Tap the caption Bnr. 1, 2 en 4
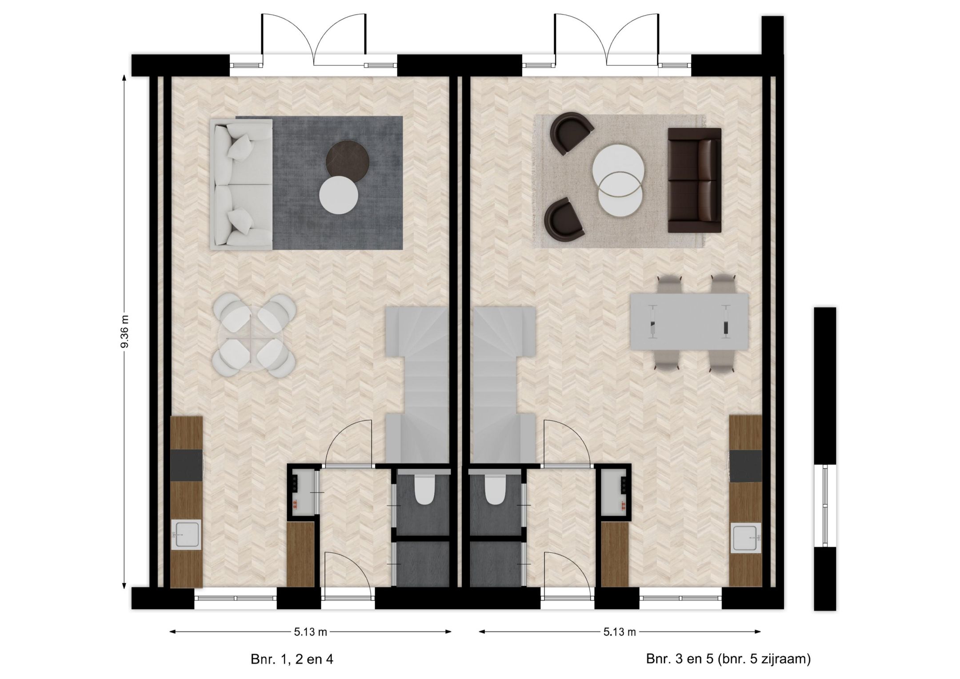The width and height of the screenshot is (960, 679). pyautogui.click(x=292, y=659)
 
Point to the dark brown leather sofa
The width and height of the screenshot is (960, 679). pyautogui.click(x=694, y=180)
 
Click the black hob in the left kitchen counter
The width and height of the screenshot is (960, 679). pyautogui.click(x=187, y=465)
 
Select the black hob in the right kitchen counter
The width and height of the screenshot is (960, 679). pyautogui.click(x=745, y=466)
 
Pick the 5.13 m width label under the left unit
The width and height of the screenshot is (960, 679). pyautogui.click(x=311, y=632)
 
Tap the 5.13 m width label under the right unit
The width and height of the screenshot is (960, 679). pyautogui.click(x=620, y=632)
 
